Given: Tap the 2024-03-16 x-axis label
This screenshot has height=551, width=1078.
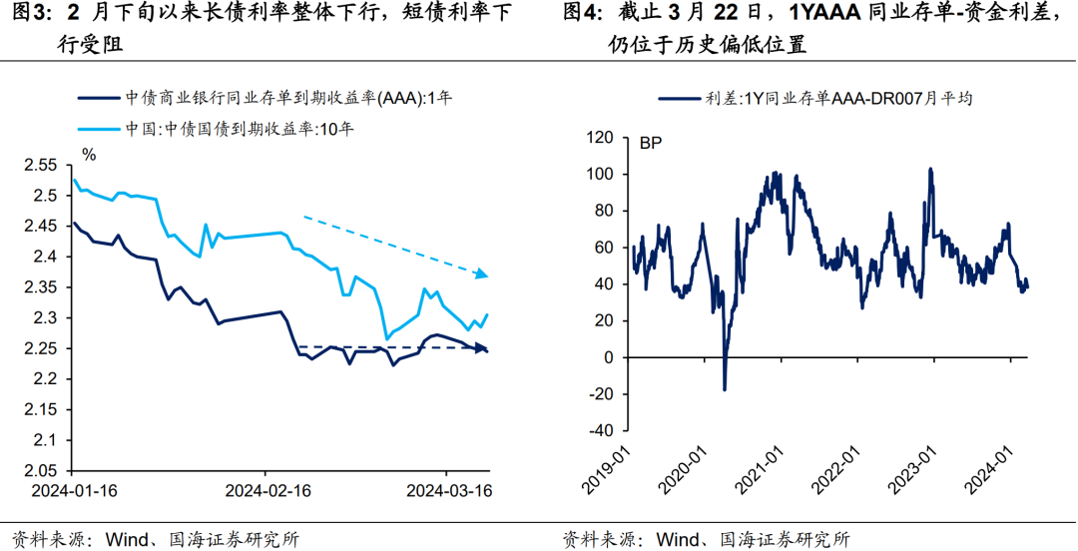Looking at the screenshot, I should (x=448, y=490).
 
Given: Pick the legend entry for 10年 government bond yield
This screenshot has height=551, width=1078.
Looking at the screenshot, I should (x=240, y=127).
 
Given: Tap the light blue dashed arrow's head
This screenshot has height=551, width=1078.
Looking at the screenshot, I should (x=482, y=273).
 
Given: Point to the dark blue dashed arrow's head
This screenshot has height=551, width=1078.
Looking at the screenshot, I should (x=482, y=347).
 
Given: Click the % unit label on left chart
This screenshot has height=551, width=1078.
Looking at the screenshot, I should (x=89, y=154).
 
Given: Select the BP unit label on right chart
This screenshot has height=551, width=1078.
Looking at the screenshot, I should (x=650, y=144).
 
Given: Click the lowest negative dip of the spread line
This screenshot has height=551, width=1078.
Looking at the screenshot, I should (x=724, y=388).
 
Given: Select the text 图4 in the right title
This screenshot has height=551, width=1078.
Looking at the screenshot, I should (x=580, y=14).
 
